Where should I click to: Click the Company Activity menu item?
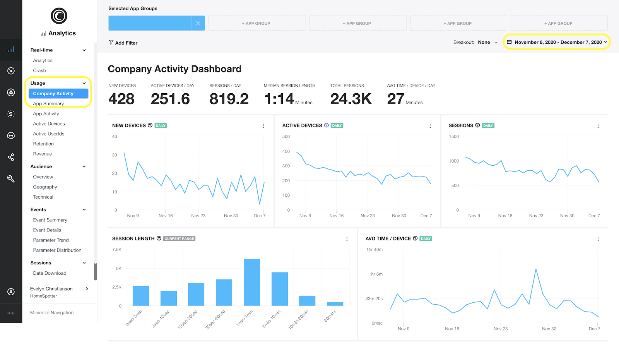(58, 94)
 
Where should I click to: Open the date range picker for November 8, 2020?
(557, 42)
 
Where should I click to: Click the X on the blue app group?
(198, 23)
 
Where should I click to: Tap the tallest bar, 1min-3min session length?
(252, 282)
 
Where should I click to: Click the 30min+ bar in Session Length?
(335, 304)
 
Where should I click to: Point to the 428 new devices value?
(121, 99)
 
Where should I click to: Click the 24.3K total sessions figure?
(351, 99)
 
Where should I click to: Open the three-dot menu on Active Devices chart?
(430, 126)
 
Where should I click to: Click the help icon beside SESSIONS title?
(477, 125)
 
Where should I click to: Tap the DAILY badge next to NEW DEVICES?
(161, 126)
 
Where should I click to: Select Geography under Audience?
(45, 187)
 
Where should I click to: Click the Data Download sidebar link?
(50, 273)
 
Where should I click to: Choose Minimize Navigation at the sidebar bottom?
(52, 313)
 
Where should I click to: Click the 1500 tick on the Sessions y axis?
(454, 137)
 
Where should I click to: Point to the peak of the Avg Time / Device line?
(536, 269)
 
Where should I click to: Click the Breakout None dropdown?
(487, 43)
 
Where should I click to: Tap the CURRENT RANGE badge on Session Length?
(179, 239)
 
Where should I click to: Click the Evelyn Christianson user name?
(51, 289)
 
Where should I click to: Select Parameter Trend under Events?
(51, 240)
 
